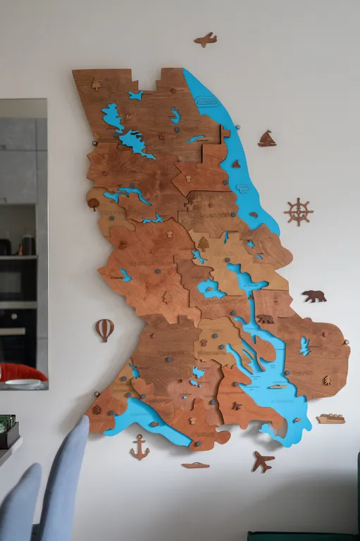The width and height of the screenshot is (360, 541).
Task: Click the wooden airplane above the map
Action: [205, 39]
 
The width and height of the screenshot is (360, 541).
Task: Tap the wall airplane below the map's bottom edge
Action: [262, 461]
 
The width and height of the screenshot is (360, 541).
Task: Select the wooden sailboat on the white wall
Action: [266, 139]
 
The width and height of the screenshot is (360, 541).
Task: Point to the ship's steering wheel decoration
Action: [299, 211]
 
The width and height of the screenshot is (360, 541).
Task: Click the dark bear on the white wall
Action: [314, 296]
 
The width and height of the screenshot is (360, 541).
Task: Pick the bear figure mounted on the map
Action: [265, 319]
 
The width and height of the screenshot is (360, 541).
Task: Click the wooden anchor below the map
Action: [139, 447]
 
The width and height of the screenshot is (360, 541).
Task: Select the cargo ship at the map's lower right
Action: [330, 418]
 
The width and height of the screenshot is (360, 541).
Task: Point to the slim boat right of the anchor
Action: [195, 465]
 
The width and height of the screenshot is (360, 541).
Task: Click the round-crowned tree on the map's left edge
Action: [94, 204]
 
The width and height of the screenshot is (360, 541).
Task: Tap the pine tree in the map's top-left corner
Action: [97, 84]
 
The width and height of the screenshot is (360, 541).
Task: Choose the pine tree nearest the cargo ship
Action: [327, 380]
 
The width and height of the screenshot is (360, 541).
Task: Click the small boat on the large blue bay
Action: [278, 386]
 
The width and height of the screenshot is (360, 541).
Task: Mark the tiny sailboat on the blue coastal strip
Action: [236, 164]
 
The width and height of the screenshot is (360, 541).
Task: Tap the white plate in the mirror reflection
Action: [24, 383]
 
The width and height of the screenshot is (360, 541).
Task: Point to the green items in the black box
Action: [6, 423]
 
